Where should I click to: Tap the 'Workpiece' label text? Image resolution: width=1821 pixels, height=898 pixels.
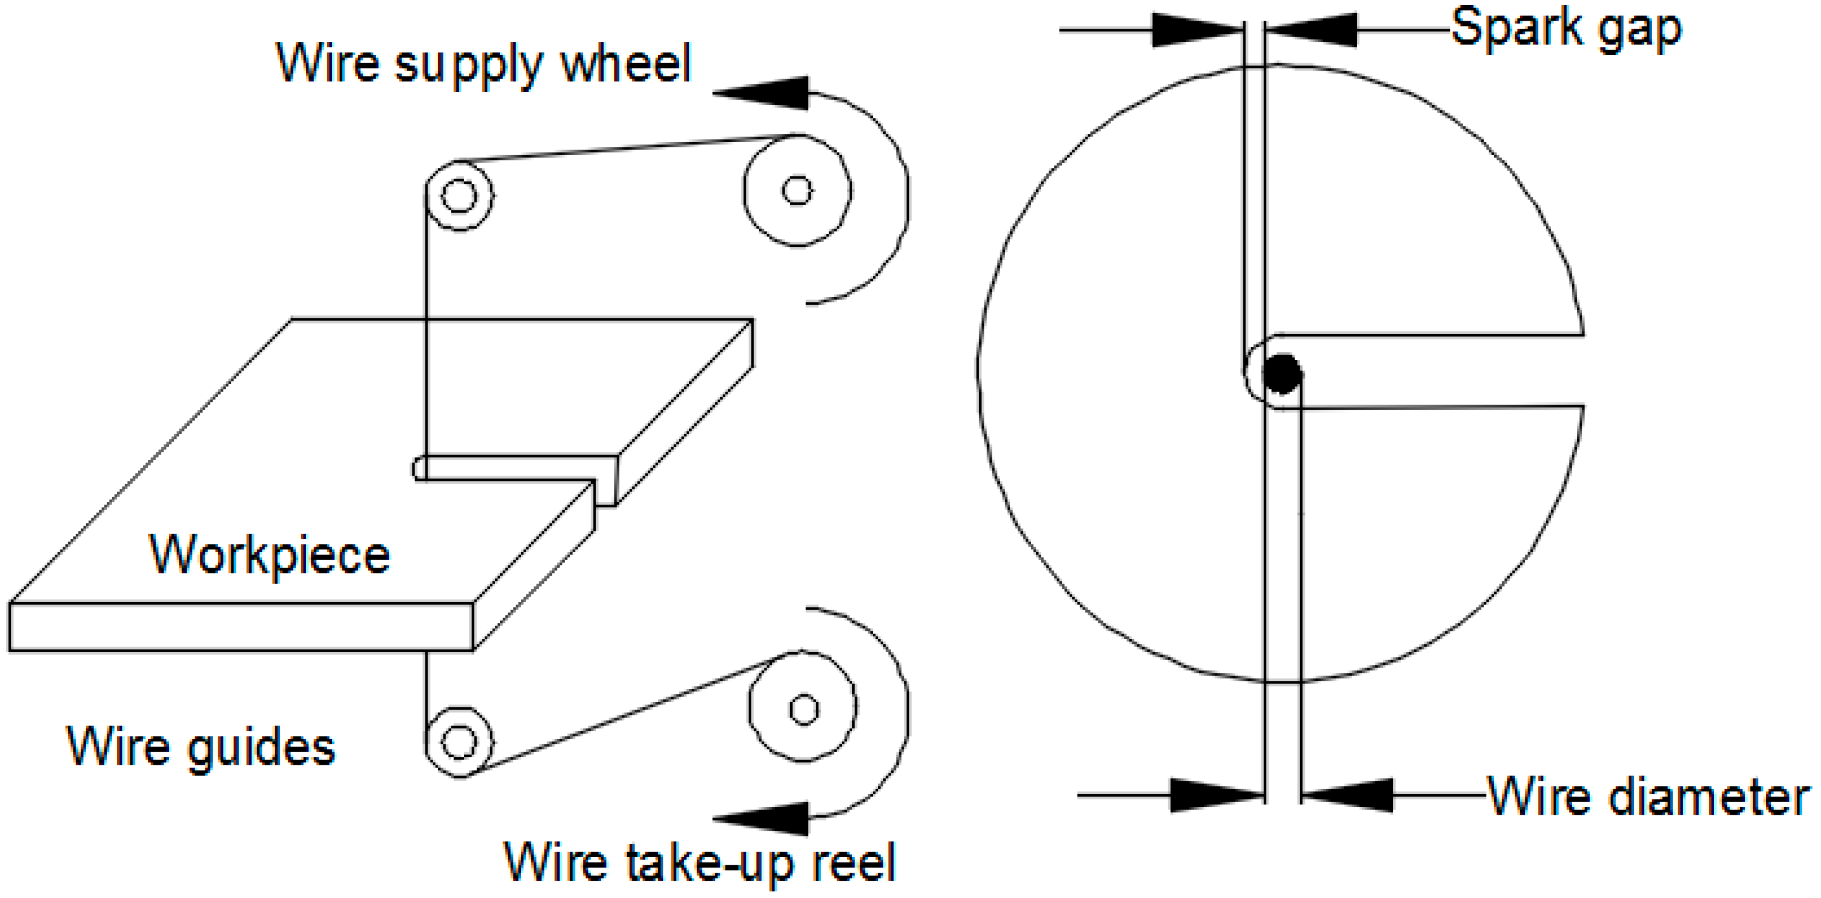(269, 555)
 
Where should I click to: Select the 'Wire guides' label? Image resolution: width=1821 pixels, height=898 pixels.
(201, 747)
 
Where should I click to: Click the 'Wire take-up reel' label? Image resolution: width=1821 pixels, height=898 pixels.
(700, 862)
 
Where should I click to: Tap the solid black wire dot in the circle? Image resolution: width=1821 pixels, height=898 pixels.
(1281, 373)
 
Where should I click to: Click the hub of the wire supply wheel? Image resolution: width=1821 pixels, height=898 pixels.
(798, 190)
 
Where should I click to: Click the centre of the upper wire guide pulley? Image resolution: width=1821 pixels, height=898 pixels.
(459, 195)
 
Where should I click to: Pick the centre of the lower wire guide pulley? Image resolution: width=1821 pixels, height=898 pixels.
(459, 742)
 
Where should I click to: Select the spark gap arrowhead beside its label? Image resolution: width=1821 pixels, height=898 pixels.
(1311, 30)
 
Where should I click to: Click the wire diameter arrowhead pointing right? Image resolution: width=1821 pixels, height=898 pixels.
(1216, 796)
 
